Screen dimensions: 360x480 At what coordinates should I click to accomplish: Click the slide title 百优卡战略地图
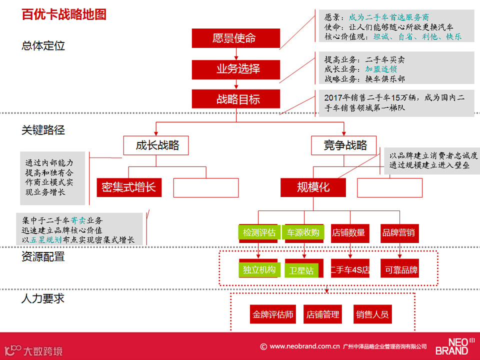64,14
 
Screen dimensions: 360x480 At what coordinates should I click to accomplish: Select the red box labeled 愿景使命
235,38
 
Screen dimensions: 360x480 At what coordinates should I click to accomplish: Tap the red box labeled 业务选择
235,69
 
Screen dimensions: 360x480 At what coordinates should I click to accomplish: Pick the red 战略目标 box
235,99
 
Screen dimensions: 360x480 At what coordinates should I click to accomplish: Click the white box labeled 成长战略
158,145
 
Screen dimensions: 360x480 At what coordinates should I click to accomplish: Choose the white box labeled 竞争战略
345,145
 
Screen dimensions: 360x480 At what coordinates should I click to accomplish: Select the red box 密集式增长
129,187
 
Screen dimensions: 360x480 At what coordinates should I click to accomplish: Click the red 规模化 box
313,187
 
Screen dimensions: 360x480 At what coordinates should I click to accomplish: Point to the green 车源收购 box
303,232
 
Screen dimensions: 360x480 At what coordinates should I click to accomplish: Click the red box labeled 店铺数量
348,232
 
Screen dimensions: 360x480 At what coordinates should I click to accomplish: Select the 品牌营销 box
398,232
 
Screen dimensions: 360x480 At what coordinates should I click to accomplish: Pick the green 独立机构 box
259,270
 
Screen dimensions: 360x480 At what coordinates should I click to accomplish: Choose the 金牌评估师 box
273,314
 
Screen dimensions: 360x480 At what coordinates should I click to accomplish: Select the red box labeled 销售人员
372,314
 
